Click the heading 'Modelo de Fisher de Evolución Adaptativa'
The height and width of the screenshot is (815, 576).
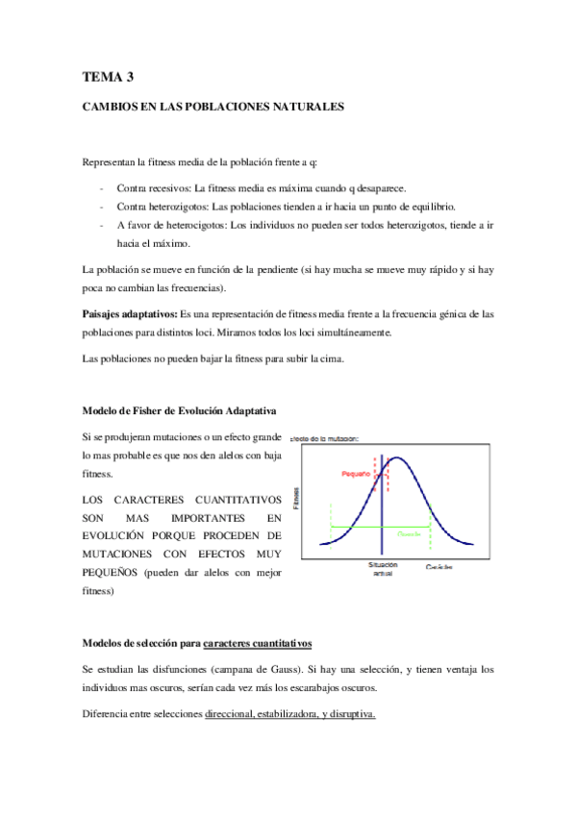180,410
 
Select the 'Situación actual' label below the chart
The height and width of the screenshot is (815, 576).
382,569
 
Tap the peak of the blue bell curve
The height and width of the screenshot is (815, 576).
392,458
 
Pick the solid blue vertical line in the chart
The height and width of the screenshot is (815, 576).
382,509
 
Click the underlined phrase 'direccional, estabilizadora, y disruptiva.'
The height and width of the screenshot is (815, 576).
289,714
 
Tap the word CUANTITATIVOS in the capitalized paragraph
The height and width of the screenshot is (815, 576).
232,501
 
